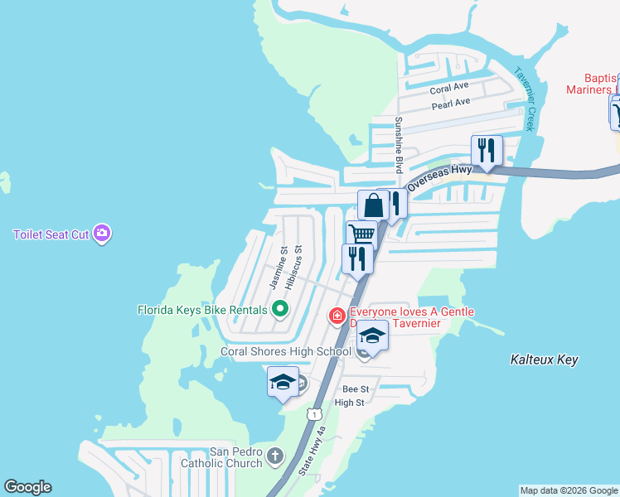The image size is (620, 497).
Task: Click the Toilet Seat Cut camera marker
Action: pyautogui.click(x=102, y=234)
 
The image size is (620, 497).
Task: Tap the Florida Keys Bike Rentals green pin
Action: pyautogui.click(x=280, y=310)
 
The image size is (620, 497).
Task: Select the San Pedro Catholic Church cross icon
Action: pyautogui.click(x=275, y=456)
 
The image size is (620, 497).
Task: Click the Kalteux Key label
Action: pyautogui.click(x=543, y=359)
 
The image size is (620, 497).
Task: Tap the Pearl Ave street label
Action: pyautogui.click(x=451, y=104)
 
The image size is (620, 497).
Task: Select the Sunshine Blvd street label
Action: pyautogui.click(x=399, y=144)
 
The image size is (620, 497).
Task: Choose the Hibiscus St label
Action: pyautogui.click(x=293, y=267)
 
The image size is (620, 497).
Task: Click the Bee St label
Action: pyautogui.click(x=355, y=388)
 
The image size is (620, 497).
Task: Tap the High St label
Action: pyautogui.click(x=349, y=403)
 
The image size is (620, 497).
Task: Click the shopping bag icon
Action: pyautogui.click(x=374, y=205)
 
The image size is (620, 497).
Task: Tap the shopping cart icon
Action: pyautogui.click(x=361, y=234)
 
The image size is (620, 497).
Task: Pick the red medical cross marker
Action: pyautogui.click(x=337, y=315)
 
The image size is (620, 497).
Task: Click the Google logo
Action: pyautogui.click(x=28, y=487)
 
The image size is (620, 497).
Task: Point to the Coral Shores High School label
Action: pyautogui.click(x=286, y=351)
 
